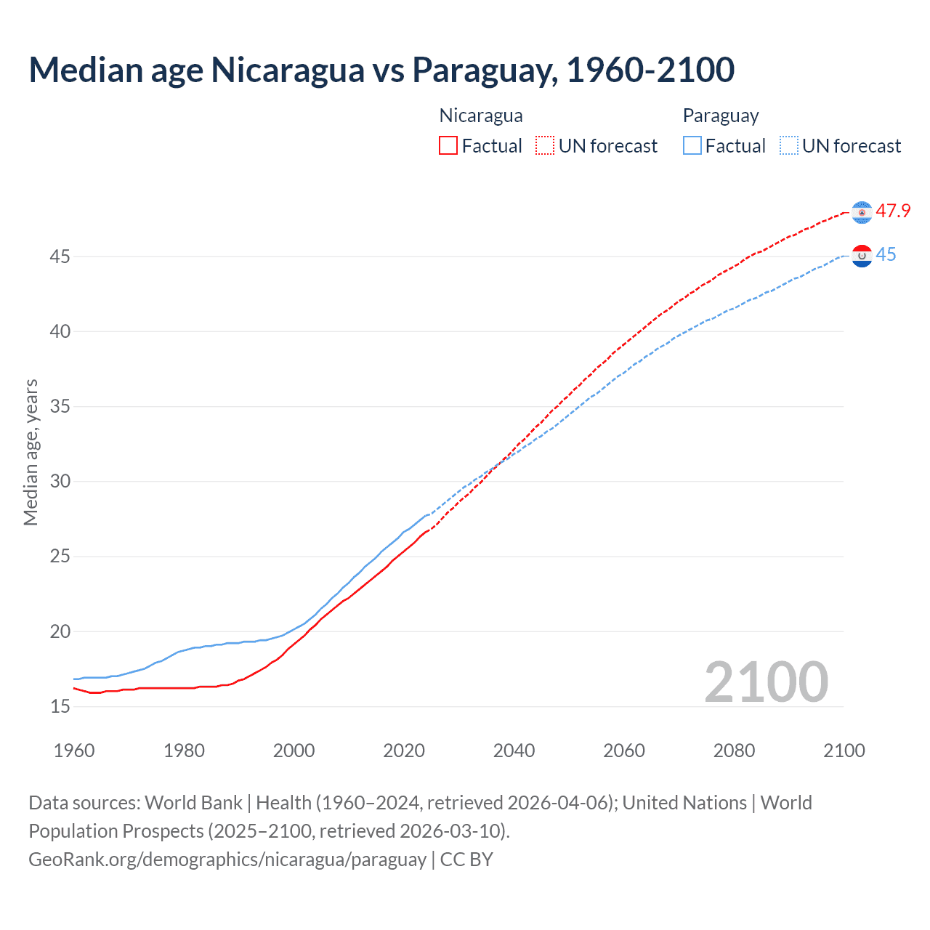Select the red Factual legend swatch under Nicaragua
(448, 145)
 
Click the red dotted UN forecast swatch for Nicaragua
(545, 145)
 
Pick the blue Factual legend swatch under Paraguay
(692, 145)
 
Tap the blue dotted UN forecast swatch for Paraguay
(789, 145)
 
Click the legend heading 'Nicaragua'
(480, 116)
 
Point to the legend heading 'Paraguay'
(720, 116)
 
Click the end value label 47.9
(893, 211)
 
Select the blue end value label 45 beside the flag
(886, 255)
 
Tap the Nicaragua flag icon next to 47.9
(862, 212)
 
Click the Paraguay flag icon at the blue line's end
(862, 256)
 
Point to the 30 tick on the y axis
(60, 481)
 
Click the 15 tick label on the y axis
(60, 706)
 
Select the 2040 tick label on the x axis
(514, 751)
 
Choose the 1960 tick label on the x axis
(74, 751)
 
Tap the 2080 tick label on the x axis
(734, 751)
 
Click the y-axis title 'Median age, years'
(31, 452)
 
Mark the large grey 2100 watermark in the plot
(766, 682)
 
